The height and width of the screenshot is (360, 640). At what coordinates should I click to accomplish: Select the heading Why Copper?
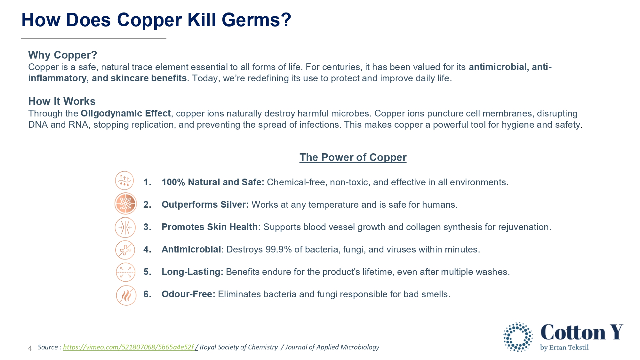tap(63, 55)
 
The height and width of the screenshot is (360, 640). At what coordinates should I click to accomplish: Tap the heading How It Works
tap(62, 101)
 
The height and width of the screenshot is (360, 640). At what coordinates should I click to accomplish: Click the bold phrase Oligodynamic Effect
tap(126, 113)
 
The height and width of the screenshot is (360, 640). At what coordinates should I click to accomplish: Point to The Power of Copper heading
tap(353, 157)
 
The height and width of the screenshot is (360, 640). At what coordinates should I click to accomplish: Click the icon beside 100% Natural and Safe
tap(124, 181)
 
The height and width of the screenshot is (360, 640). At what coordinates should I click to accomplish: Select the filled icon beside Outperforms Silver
tap(125, 204)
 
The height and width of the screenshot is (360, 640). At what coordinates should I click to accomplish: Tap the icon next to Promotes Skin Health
tap(125, 228)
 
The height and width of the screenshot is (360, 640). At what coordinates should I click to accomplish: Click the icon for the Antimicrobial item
tap(125, 250)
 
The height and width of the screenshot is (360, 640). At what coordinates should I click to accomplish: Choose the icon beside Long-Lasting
tap(125, 272)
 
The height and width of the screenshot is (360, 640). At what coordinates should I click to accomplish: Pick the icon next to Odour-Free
tap(126, 295)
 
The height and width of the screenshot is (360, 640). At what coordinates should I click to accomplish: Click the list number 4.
tap(147, 249)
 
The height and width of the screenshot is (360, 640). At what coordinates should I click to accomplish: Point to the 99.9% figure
tap(279, 249)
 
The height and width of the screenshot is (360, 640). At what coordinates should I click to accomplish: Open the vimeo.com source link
tap(129, 347)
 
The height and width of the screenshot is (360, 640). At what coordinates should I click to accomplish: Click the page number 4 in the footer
tap(30, 348)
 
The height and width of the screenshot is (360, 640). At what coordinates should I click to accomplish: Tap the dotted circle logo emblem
tap(518, 337)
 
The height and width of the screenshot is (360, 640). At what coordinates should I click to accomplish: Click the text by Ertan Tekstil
tap(564, 348)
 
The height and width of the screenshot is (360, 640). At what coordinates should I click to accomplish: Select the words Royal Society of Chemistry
tap(239, 347)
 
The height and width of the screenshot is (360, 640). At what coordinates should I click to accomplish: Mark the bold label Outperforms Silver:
tap(205, 204)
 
